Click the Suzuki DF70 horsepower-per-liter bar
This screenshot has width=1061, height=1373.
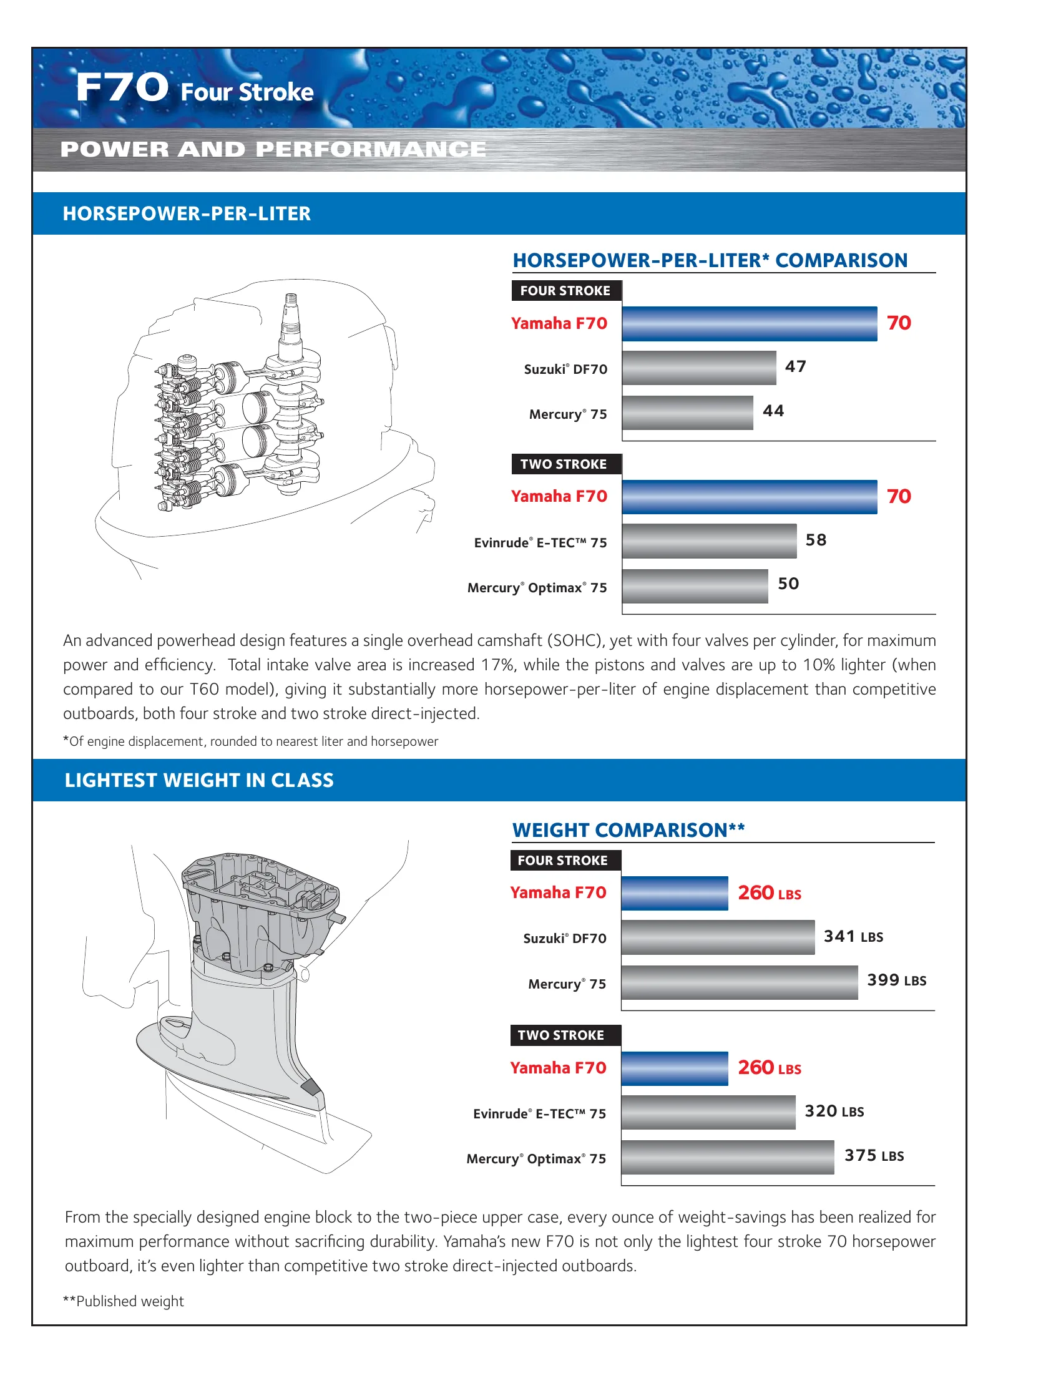(698, 368)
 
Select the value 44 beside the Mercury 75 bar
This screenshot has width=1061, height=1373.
(773, 411)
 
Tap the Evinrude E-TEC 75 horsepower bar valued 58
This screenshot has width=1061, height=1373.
(708, 540)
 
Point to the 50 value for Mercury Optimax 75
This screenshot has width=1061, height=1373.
(788, 584)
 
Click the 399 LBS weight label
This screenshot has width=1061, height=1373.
(896, 980)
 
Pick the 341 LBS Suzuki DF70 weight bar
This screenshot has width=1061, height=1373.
(717, 937)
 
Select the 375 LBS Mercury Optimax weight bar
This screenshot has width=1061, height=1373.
(726, 1157)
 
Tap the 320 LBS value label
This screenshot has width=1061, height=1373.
(833, 1112)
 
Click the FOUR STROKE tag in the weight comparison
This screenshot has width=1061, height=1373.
(562, 861)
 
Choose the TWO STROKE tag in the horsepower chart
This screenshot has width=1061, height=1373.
(564, 464)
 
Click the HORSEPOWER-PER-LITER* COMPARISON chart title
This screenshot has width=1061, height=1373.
(710, 260)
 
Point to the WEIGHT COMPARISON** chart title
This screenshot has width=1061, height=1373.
(628, 830)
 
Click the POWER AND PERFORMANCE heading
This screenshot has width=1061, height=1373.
(273, 150)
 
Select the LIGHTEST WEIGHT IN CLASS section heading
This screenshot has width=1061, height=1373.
(198, 780)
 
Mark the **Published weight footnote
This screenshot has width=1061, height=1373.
(123, 1301)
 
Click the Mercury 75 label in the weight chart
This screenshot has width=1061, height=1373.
(567, 984)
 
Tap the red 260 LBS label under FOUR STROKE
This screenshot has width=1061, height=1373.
(769, 892)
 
